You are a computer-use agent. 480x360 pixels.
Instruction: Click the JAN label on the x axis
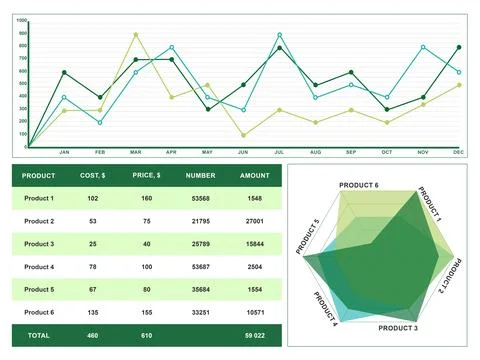[x=64, y=152]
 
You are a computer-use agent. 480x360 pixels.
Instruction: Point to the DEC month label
[x=458, y=152]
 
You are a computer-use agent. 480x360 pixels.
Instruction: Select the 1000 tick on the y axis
[x=22, y=20]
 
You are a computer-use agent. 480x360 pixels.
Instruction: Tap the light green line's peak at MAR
[x=136, y=35]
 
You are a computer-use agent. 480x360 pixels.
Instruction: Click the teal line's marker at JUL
[x=279, y=35]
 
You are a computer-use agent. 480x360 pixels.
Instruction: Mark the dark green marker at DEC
[x=459, y=47]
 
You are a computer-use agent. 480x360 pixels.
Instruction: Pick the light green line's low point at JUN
[x=243, y=134]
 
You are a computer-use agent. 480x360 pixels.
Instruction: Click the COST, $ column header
[x=93, y=175]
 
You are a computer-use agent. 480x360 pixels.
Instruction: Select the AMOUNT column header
[x=254, y=175]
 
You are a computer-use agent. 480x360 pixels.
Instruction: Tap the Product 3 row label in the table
[x=39, y=244]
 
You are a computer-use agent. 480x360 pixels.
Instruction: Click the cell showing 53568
[x=201, y=198]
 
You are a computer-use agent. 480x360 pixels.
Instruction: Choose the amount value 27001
[x=254, y=221]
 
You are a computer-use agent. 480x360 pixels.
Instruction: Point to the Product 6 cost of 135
[x=93, y=313]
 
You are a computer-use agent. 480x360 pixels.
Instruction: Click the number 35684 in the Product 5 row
[x=201, y=290]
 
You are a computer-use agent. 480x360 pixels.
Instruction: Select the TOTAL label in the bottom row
[x=39, y=335]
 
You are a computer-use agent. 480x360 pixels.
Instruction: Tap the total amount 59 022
[x=254, y=335]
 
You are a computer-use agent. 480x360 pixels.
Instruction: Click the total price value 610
[x=146, y=335]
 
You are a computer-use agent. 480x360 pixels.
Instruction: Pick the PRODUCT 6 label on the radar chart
[x=358, y=185]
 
